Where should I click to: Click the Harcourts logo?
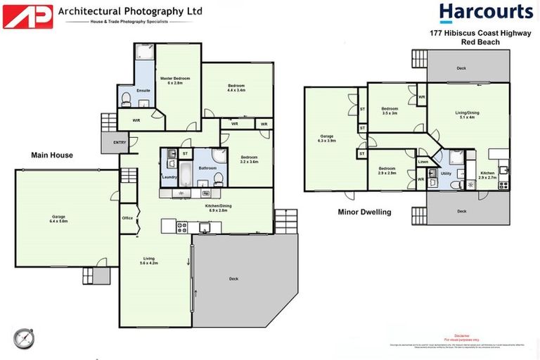[x=486, y=13]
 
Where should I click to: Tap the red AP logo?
[x=28, y=16]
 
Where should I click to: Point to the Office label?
[x=127, y=218]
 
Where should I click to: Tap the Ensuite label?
[x=143, y=91]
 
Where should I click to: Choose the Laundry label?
[x=169, y=177]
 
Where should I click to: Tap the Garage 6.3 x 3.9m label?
[x=327, y=139]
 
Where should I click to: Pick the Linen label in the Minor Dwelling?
[x=423, y=162]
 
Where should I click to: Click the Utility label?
[x=445, y=173]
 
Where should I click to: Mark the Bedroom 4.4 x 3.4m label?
[x=236, y=88]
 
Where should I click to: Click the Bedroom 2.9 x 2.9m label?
[x=387, y=171]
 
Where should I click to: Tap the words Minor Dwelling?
[x=364, y=212]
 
